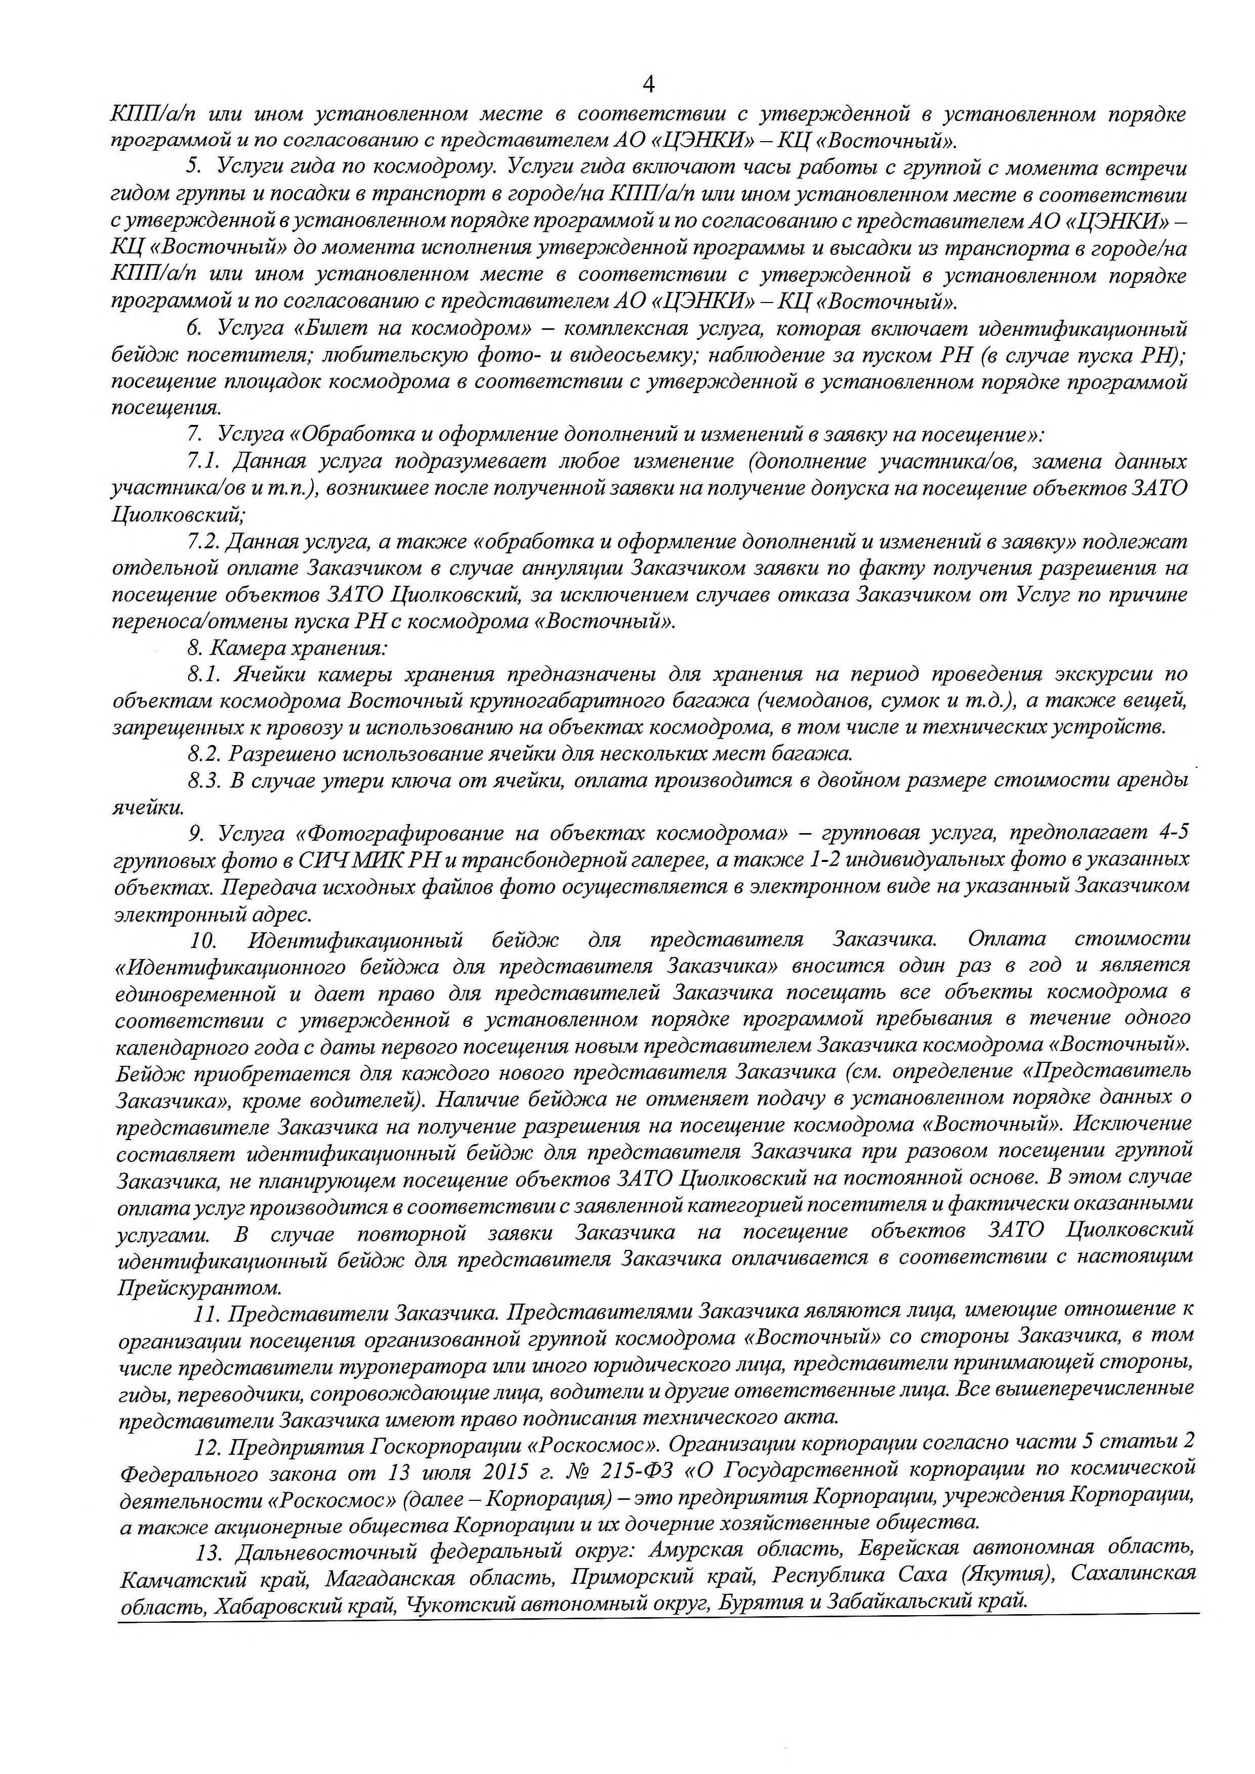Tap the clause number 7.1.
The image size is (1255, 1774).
tap(203, 462)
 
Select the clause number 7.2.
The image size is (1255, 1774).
tap(203, 542)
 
